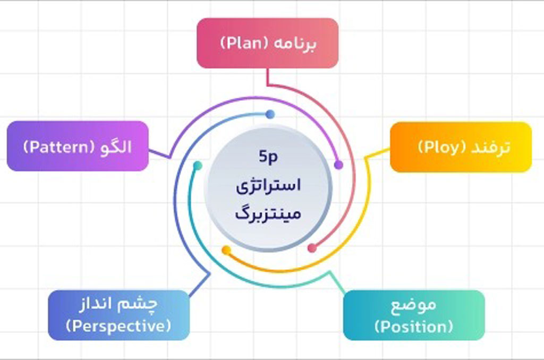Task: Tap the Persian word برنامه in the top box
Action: click(294, 44)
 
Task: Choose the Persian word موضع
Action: click(413, 306)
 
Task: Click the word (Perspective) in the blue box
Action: click(118, 325)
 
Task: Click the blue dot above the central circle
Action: click(270, 114)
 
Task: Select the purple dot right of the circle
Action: click(338, 165)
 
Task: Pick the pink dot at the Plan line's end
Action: click(312, 248)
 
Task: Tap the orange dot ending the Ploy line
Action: click(226, 250)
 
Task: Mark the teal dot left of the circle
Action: click(197, 166)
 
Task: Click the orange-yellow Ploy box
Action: click(461, 147)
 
